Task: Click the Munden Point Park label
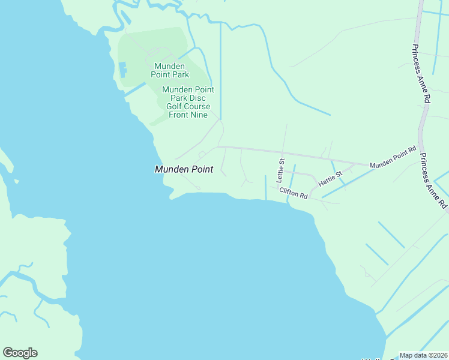[x=172, y=70]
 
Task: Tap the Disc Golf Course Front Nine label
[x=188, y=102]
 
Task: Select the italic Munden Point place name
[x=184, y=170]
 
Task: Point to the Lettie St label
[x=280, y=170]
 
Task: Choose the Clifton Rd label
[x=293, y=193]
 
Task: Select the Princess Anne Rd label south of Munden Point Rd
[x=433, y=181]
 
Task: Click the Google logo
[x=20, y=353]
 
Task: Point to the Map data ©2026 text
[x=423, y=355]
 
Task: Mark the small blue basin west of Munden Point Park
[x=124, y=70]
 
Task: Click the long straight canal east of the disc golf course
[x=220, y=72]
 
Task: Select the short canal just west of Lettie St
[x=265, y=188]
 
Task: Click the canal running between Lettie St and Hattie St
[x=292, y=178]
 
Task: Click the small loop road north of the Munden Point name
[x=202, y=154]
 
